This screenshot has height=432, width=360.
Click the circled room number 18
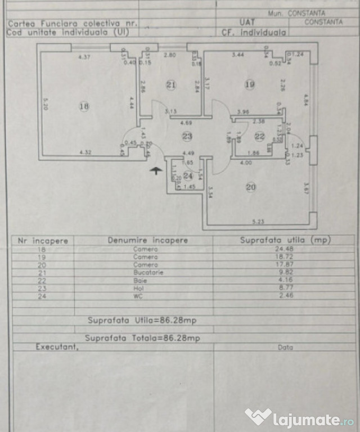pyautogui.click(x=84, y=107)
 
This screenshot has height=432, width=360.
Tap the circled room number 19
pyautogui.click(x=250, y=84)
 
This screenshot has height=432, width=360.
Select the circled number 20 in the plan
pyautogui.click(x=251, y=187)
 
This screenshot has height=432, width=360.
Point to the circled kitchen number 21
pyautogui.click(x=171, y=85)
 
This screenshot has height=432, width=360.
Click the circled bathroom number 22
pyautogui.click(x=259, y=136)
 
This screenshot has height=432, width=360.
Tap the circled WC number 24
pyautogui.click(x=188, y=176)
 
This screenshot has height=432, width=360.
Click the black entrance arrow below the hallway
pyautogui.click(x=156, y=170)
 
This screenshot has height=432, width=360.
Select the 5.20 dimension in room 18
pyautogui.click(x=46, y=104)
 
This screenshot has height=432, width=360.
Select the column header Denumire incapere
pyautogui.click(x=148, y=240)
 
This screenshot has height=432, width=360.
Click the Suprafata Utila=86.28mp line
pyautogui.click(x=142, y=320)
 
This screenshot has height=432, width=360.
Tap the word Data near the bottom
pyautogui.click(x=285, y=348)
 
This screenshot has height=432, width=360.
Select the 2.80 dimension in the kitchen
pyautogui.click(x=170, y=55)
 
